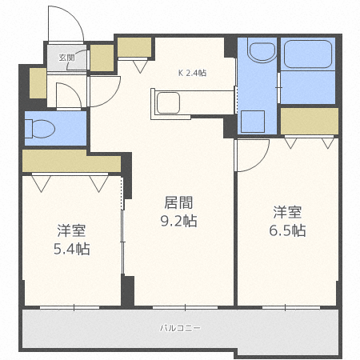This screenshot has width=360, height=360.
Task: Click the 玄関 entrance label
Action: (66, 58)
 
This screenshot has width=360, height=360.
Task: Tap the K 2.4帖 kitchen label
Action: (192, 73)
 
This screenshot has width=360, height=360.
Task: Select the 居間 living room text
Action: (178, 202)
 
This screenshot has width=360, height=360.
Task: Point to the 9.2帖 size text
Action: (178, 221)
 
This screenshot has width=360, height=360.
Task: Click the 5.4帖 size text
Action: (72, 249)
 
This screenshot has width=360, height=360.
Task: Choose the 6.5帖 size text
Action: (287, 230)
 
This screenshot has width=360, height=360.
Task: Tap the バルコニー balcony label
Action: (180, 328)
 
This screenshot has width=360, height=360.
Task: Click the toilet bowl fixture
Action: (40, 129)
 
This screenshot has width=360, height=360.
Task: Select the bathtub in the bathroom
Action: (308, 54)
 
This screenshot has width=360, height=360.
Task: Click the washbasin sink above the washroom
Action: (262, 50)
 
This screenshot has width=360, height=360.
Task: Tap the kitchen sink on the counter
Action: (168, 103)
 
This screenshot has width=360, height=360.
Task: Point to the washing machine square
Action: (253, 122)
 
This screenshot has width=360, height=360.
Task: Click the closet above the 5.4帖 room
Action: (71, 161)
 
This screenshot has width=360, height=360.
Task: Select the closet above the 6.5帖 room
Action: (310, 122)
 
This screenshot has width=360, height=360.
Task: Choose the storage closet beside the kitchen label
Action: (134, 47)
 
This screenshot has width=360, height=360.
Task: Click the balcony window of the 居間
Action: (185, 307)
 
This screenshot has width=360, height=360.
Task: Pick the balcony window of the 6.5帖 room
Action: (291, 307)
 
